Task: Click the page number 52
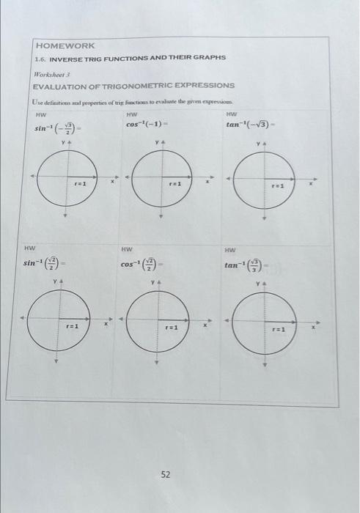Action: (x=166, y=474)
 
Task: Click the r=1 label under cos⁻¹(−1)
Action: (x=176, y=185)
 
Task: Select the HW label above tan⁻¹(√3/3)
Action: (x=232, y=249)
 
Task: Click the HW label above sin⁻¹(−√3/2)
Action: (x=40, y=114)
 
